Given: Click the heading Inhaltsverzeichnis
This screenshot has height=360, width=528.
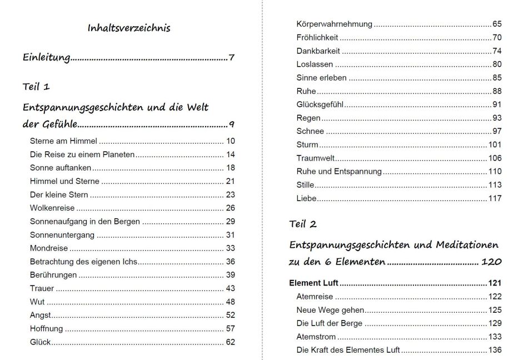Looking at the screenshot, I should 129,28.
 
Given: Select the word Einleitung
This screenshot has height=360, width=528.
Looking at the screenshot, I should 46,57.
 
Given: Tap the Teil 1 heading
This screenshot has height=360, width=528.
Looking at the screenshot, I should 36,87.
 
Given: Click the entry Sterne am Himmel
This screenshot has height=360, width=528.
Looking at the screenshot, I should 63,141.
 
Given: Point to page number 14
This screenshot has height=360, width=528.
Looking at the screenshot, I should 231,154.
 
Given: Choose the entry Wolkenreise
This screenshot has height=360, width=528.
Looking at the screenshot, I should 52,208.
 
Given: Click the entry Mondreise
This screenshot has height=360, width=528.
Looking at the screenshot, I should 49,248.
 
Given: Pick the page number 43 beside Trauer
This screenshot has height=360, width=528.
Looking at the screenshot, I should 231,288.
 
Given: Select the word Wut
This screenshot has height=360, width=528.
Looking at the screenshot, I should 37,302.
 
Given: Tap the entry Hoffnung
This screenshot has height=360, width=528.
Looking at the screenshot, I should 46,328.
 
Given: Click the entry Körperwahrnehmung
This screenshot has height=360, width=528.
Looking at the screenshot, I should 334,24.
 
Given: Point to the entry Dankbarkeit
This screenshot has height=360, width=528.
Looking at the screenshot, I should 318,51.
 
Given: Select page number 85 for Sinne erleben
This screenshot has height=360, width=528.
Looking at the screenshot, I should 497,78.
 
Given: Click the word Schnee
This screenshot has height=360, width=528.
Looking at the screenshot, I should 310,131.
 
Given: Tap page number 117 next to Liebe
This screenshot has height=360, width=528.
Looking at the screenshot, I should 495,198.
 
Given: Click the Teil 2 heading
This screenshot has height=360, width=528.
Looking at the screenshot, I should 303,224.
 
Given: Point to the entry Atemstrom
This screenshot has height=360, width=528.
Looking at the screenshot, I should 316,337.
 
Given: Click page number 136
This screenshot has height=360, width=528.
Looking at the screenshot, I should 495,350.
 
